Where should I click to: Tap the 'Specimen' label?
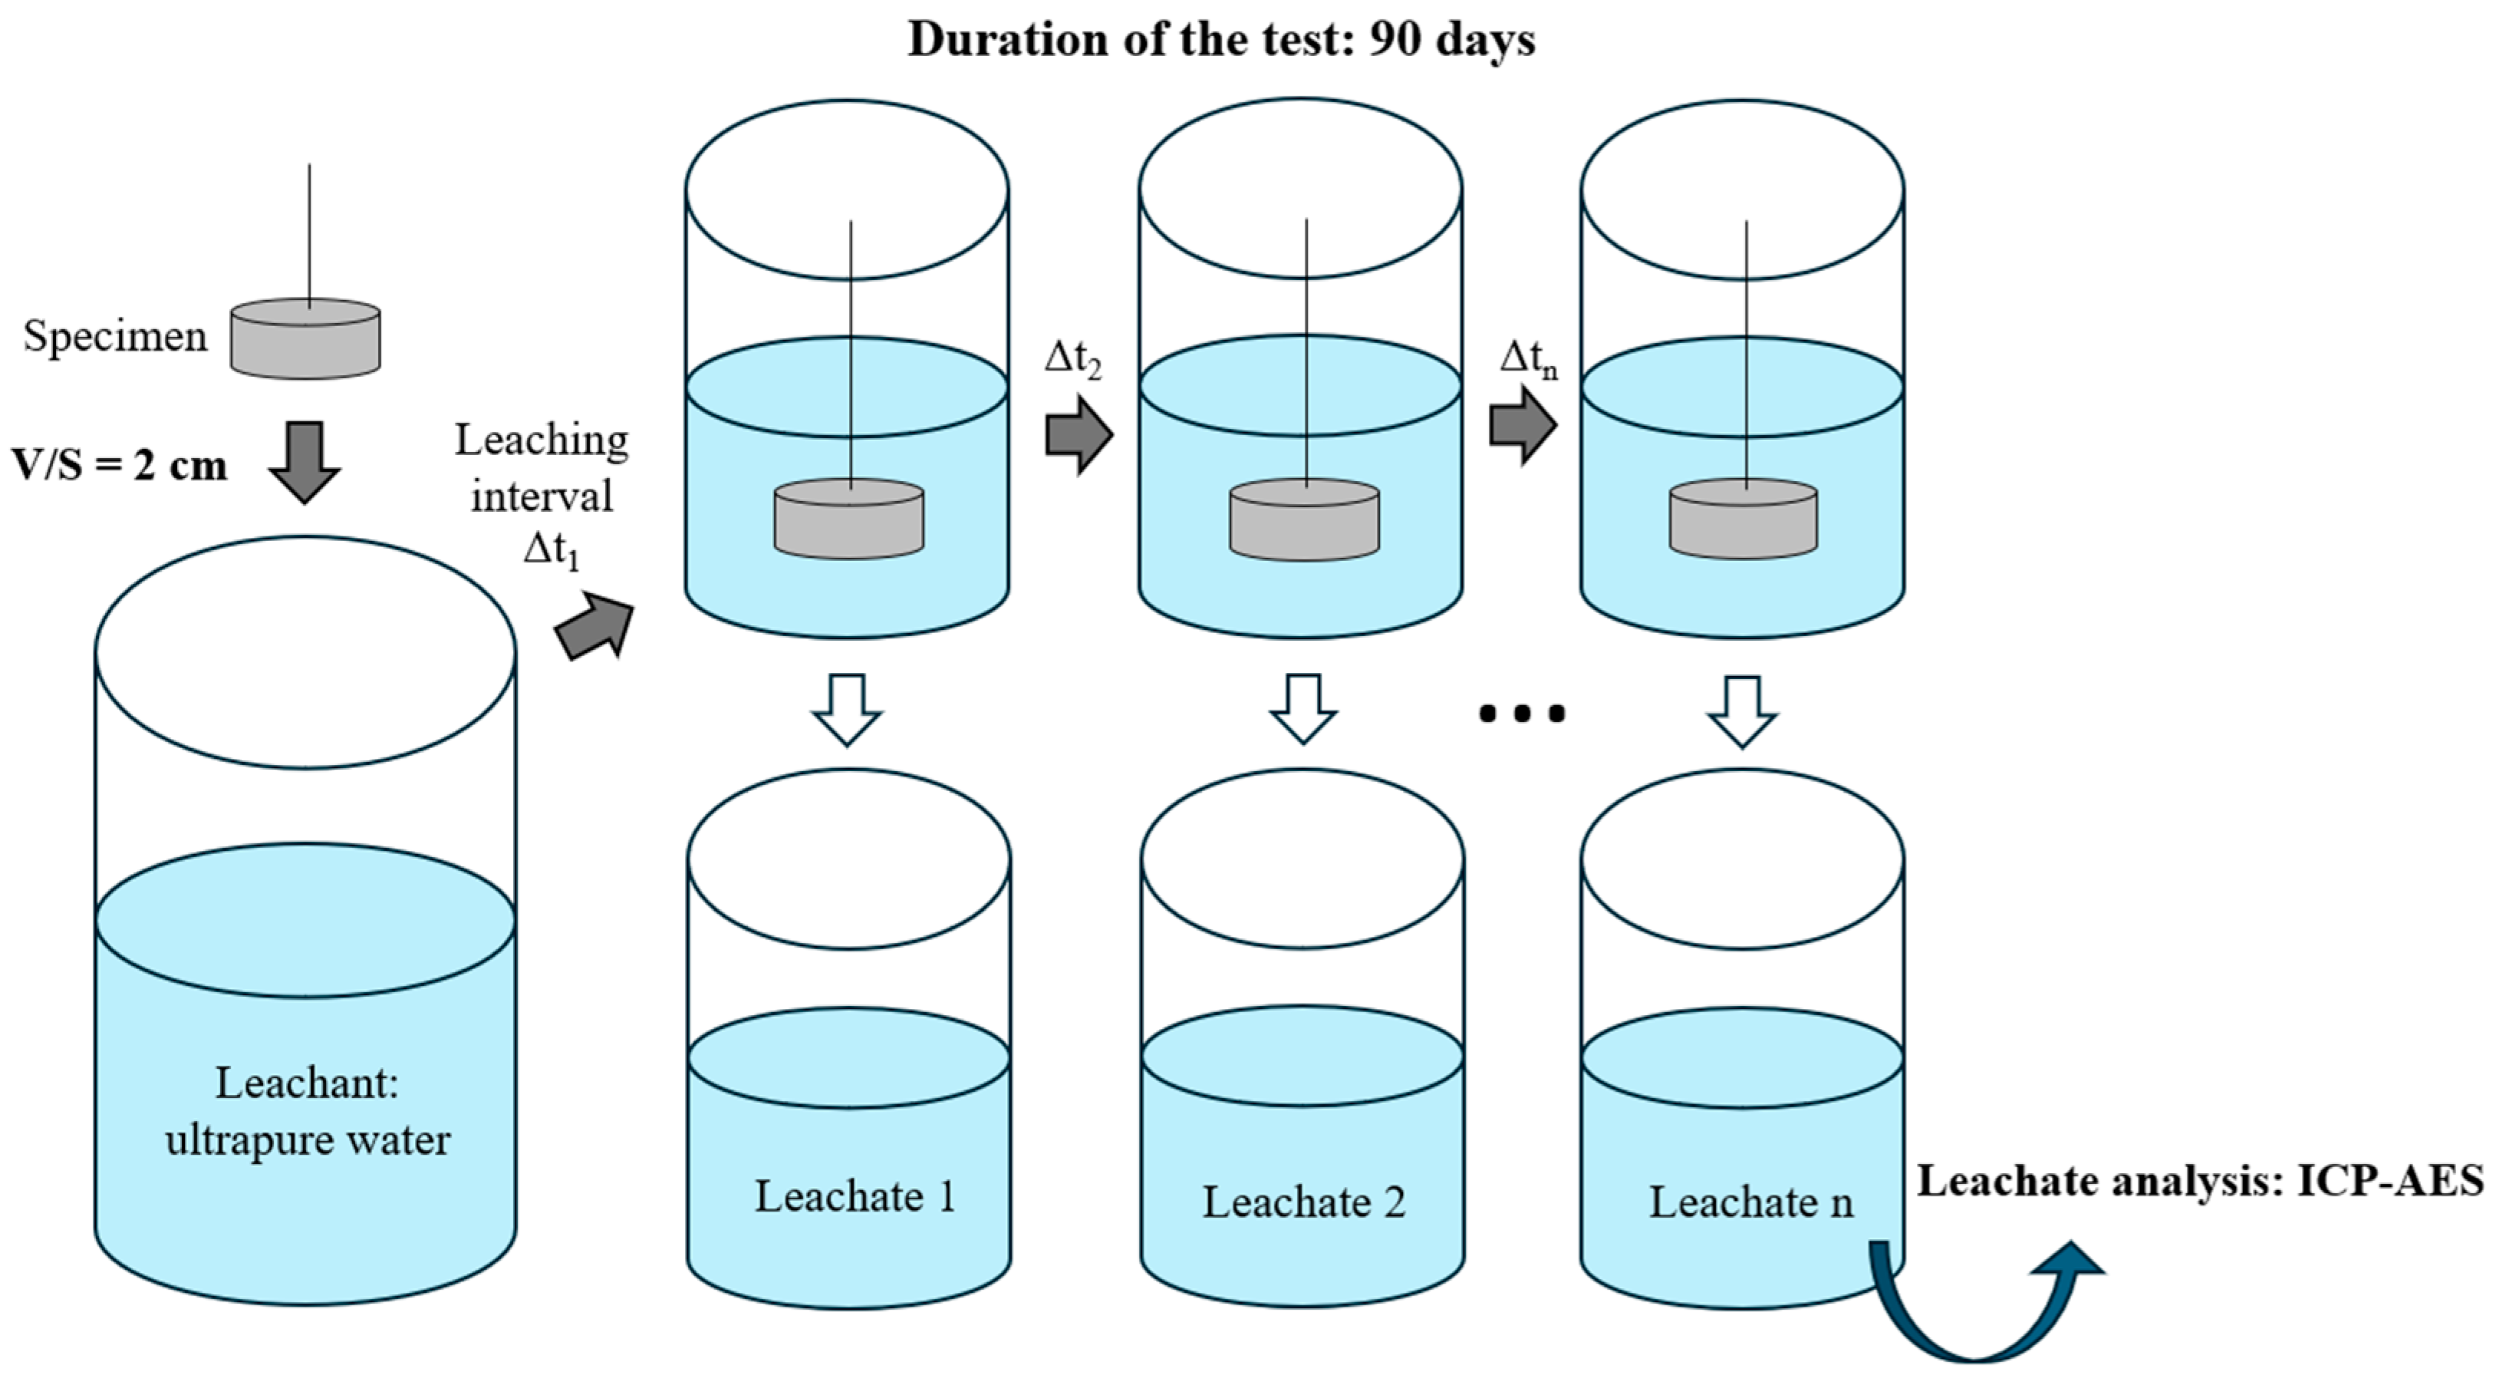tap(115, 337)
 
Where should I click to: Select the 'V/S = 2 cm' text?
tap(119, 466)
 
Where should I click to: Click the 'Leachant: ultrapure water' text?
tap(307, 1112)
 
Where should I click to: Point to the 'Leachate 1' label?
tap(855, 1198)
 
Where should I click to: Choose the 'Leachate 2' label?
tap(1303, 1202)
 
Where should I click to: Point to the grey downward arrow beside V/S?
tap(305, 461)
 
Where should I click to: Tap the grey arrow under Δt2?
tap(1078, 433)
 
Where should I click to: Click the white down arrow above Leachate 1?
tap(847, 709)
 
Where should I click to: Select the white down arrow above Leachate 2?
tap(1303, 709)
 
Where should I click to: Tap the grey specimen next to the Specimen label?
tap(305, 338)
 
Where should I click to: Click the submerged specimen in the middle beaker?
tap(1304, 520)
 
